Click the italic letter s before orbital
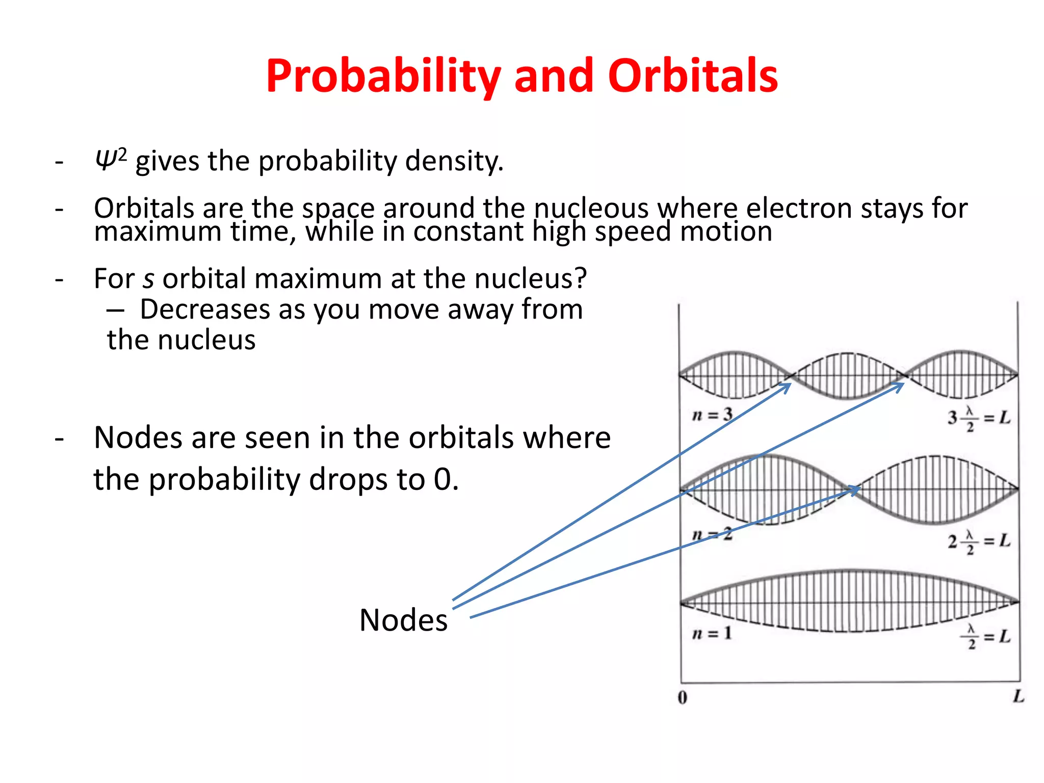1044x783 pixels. point(148,279)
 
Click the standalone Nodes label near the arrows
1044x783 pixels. point(403,620)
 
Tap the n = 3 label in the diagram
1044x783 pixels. point(712,415)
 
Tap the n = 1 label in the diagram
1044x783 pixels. point(712,634)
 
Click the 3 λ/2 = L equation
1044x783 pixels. point(979,419)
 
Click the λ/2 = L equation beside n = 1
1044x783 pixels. point(985,637)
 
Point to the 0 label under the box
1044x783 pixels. point(683,697)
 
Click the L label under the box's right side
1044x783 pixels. point(1018,696)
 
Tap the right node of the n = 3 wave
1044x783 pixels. point(904,376)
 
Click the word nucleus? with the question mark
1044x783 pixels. point(530,279)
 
